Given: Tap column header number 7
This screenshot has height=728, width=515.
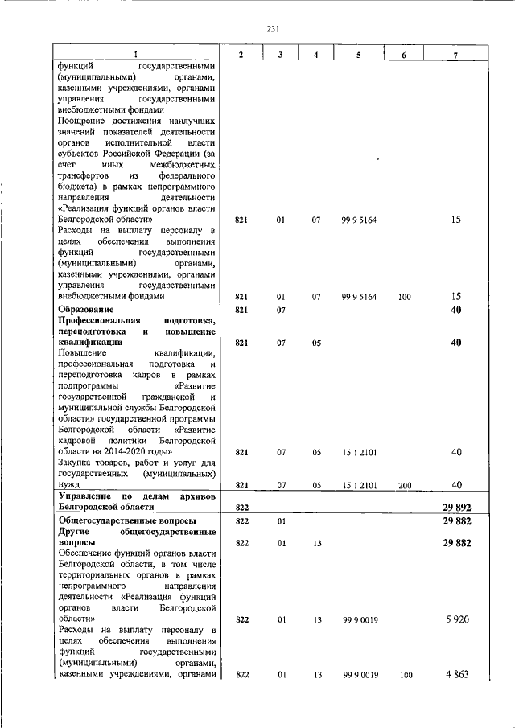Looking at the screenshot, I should click(456, 54).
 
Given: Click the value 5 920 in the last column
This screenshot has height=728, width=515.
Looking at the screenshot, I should click(455, 620).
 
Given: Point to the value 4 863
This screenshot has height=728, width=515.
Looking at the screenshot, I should click(455, 676).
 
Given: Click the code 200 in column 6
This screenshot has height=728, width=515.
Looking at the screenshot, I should click(405, 485).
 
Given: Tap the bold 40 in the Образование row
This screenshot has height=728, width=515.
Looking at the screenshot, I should click(456, 310).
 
